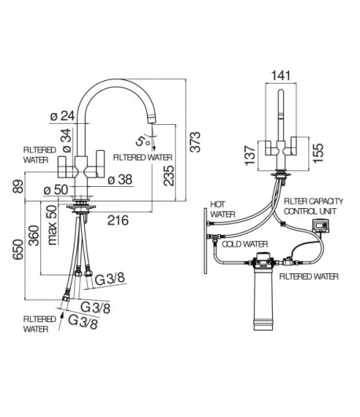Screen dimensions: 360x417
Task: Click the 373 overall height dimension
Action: pyautogui.click(x=195, y=141)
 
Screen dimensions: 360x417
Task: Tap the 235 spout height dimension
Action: pyautogui.click(x=169, y=176)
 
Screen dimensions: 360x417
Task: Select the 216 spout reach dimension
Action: pyautogui.click(x=118, y=220)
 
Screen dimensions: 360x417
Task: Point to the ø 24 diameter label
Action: pyautogui.click(x=63, y=116)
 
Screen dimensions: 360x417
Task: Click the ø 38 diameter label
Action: pyautogui.click(x=120, y=180)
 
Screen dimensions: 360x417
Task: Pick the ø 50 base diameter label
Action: pyautogui.click(x=56, y=190)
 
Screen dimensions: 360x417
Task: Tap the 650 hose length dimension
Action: pyautogui.click(x=19, y=249)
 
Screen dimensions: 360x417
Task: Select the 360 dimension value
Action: pyautogui.click(x=34, y=236)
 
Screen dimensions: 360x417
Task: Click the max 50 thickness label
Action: pyautogui.click(x=53, y=225)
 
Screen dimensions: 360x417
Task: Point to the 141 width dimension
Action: pyautogui.click(x=281, y=75)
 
